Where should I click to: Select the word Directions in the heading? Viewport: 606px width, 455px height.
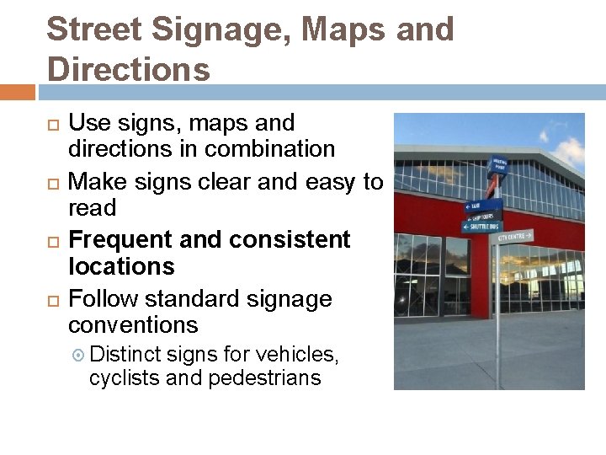click(129, 68)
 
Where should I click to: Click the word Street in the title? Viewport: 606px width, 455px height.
click(93, 30)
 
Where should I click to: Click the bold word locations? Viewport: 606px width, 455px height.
click(121, 266)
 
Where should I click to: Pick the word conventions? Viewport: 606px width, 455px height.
click(133, 325)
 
